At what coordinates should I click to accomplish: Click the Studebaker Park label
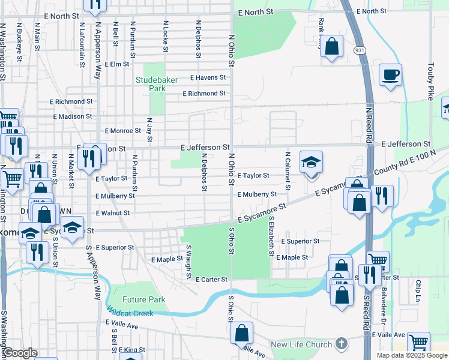(x=150, y=83)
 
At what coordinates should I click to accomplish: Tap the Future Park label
(x=144, y=300)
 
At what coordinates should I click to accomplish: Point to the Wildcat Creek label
(x=130, y=313)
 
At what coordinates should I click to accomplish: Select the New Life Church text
(x=301, y=344)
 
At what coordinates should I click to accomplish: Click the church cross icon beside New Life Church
(x=342, y=344)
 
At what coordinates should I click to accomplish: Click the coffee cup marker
(x=390, y=74)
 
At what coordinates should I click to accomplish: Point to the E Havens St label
(x=208, y=77)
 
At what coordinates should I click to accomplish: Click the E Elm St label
(x=117, y=64)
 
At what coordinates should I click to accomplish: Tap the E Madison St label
(x=73, y=117)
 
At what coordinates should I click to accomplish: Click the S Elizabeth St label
(x=272, y=238)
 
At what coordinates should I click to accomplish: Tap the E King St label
(x=131, y=350)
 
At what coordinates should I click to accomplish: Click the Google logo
(x=19, y=353)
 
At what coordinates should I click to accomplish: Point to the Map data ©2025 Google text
(x=411, y=355)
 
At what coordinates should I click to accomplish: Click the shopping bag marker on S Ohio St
(x=241, y=334)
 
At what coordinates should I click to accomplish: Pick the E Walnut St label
(x=112, y=213)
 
